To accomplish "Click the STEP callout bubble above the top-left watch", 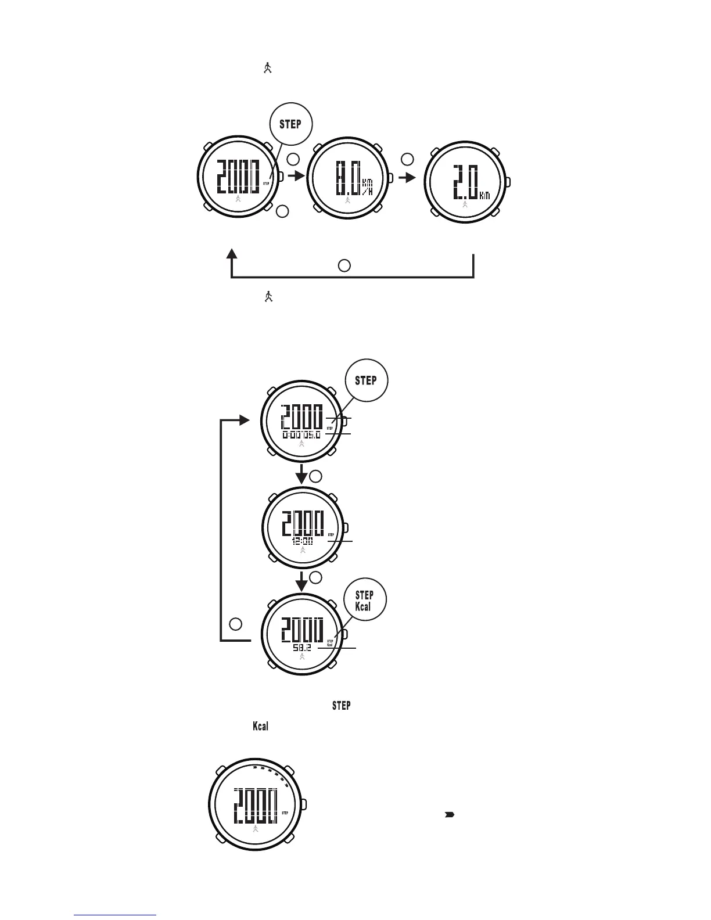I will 290,124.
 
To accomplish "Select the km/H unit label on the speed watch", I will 367,186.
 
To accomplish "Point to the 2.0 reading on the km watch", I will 465,182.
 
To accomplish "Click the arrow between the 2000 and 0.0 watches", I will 296,176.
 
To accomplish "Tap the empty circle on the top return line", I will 344,265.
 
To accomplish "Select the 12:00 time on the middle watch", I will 302,541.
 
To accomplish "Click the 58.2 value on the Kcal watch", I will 302,647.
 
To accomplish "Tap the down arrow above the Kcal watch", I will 301,580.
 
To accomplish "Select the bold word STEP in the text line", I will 341,706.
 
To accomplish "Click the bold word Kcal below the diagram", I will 260,727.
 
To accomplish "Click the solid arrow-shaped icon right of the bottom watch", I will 449,815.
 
